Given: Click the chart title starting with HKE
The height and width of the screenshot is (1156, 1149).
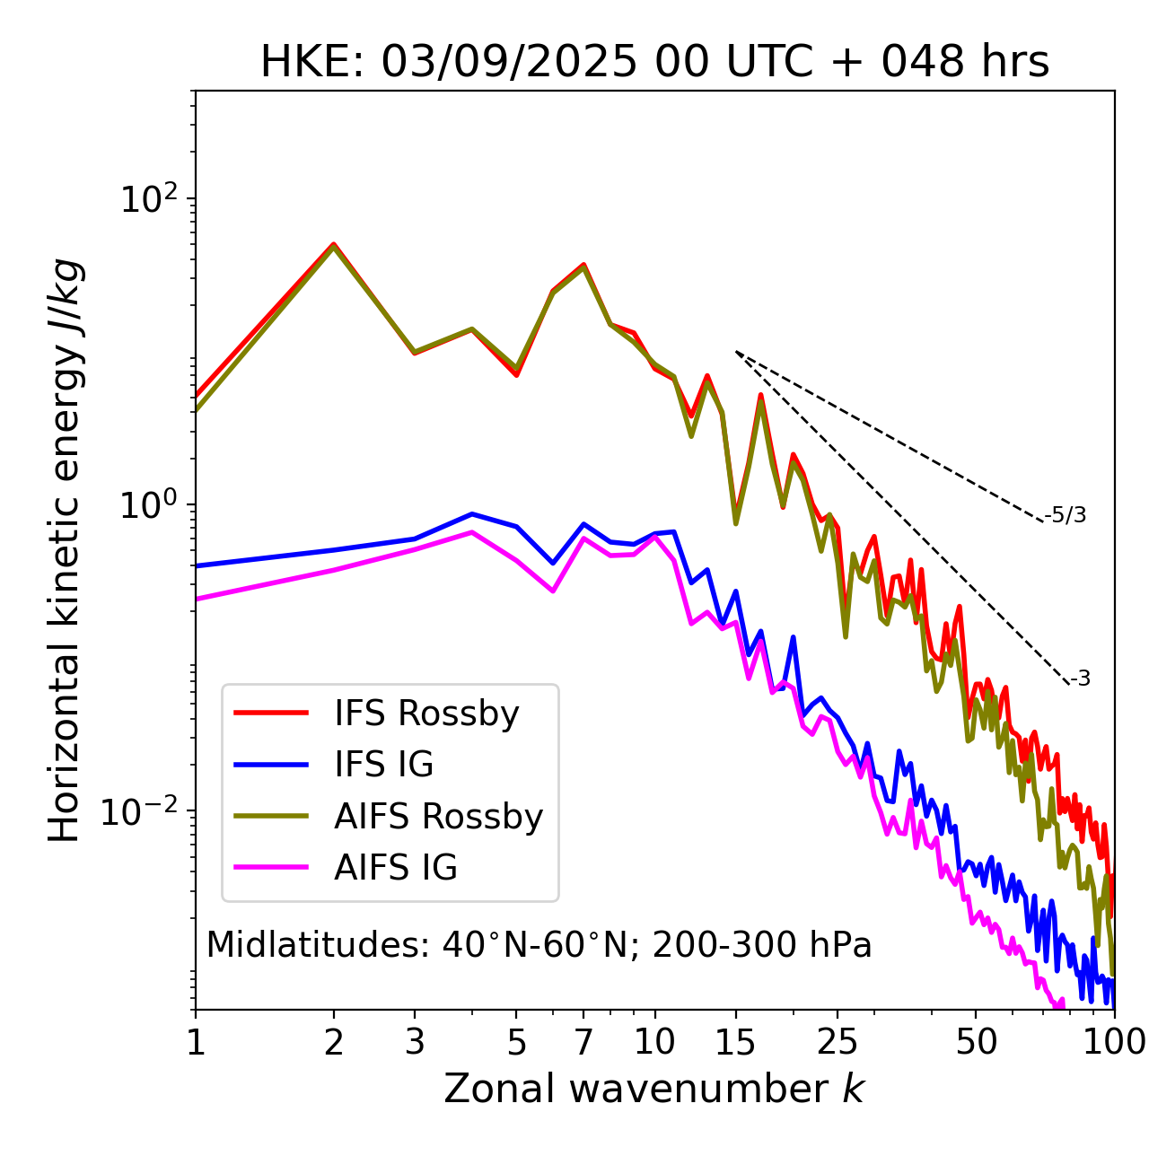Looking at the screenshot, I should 654,63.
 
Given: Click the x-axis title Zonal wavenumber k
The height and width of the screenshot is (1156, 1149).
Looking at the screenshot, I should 653,1089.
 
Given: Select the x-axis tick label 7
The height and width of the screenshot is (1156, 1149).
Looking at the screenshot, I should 583,1042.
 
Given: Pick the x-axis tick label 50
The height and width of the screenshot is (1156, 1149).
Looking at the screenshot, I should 976,1042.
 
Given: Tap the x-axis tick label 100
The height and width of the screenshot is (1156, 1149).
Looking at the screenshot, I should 1113,1042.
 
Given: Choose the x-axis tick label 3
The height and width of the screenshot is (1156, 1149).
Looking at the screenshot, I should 415,1042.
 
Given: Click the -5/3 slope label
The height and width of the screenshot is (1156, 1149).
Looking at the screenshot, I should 1066,515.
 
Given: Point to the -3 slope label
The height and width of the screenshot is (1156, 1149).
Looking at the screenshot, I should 1080,679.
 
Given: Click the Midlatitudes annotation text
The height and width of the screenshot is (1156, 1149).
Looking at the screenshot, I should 539,945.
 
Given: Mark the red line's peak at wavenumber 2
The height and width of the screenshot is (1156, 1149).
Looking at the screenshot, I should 334,243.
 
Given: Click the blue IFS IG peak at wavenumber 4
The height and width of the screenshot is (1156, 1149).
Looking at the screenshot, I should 472,514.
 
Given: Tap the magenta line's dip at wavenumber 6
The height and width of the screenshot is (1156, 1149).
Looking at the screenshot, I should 553,591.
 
